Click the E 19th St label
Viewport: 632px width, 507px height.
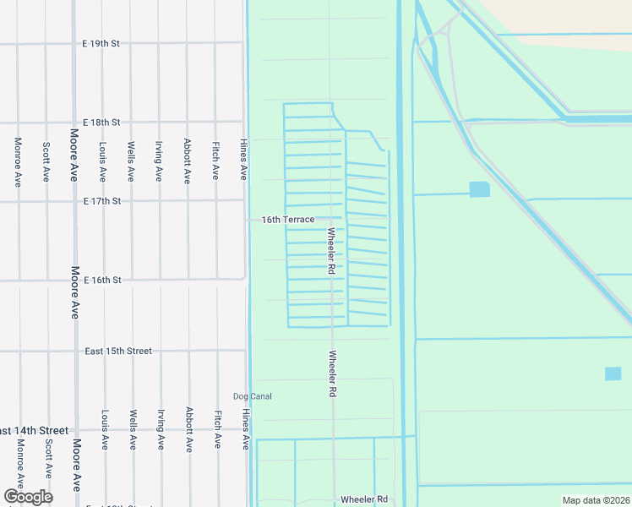coord(101,43)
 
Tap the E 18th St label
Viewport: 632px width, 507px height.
coord(101,123)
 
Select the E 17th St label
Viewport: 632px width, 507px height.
coord(101,201)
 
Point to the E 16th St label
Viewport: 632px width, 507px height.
coord(101,280)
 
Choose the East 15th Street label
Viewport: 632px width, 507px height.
coord(119,351)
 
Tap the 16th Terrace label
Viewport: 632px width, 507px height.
coord(288,220)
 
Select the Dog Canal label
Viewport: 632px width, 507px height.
coord(253,396)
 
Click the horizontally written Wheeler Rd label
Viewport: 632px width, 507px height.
coord(363,499)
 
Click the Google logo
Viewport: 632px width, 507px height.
coord(27,497)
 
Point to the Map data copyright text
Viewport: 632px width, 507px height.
coord(597,500)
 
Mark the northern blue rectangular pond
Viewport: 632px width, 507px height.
coord(479,189)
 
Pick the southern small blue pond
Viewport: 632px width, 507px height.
coord(613,373)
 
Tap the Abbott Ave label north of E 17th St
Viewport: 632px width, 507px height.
coord(188,161)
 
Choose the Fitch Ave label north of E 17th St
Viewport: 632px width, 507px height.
coord(216,161)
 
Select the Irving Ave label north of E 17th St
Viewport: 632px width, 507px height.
coord(159,161)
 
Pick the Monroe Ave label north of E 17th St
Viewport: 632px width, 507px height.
coord(18,161)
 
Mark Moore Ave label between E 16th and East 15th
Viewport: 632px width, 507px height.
coord(75,292)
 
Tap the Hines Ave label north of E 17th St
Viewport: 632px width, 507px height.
coord(244,160)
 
